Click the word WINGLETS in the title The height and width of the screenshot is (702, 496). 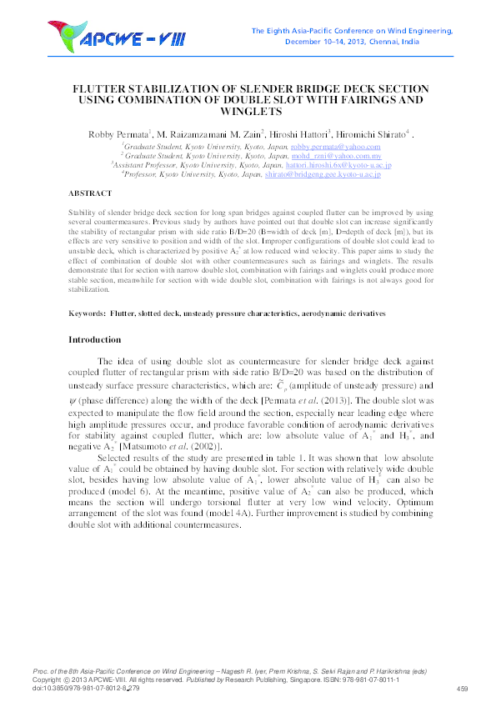(248, 111)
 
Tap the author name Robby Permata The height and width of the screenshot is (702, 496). (118, 133)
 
